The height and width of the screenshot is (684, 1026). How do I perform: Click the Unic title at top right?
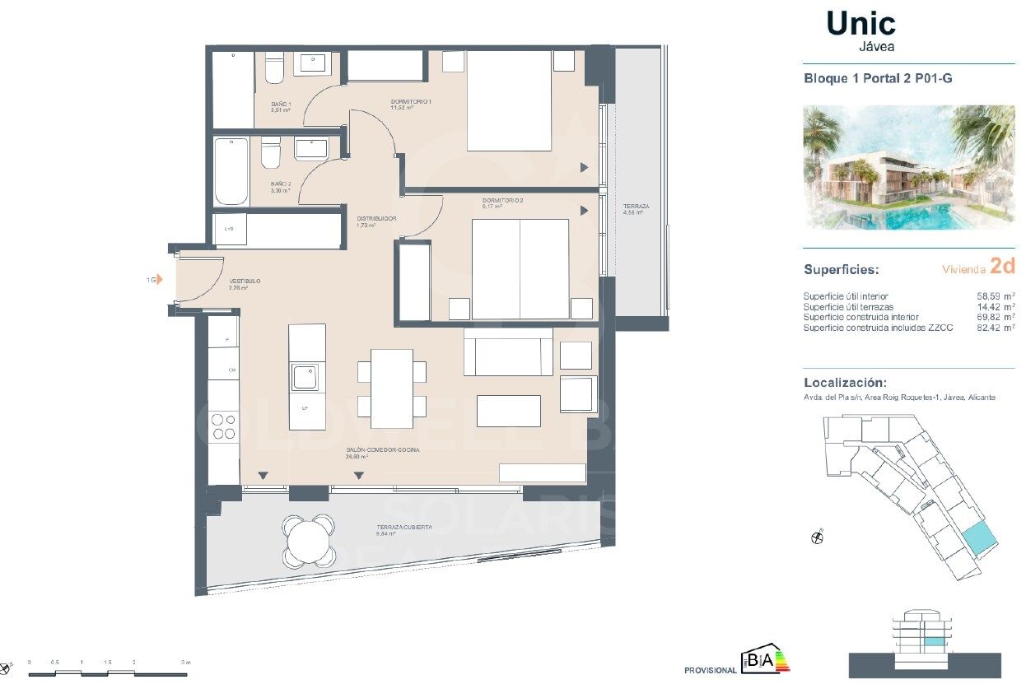click(860, 24)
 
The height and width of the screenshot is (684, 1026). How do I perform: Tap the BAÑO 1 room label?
click(280, 104)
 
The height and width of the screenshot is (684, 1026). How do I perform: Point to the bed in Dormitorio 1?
click(509, 100)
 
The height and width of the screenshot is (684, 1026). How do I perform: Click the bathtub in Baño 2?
click(231, 171)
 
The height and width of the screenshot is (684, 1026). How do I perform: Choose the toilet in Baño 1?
click(275, 68)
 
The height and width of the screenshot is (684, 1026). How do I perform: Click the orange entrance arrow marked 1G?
click(159, 280)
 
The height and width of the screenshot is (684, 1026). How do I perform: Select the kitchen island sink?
click(306, 378)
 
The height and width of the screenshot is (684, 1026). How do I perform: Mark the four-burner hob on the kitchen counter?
click(223, 426)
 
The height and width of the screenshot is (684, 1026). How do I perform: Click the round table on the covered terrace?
click(308, 541)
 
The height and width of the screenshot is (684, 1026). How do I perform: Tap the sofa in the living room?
click(508, 352)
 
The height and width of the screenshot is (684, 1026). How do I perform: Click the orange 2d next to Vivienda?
click(1002, 266)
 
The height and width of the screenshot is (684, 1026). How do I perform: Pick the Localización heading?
click(845, 383)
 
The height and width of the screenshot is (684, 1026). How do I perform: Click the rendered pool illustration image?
click(909, 167)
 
